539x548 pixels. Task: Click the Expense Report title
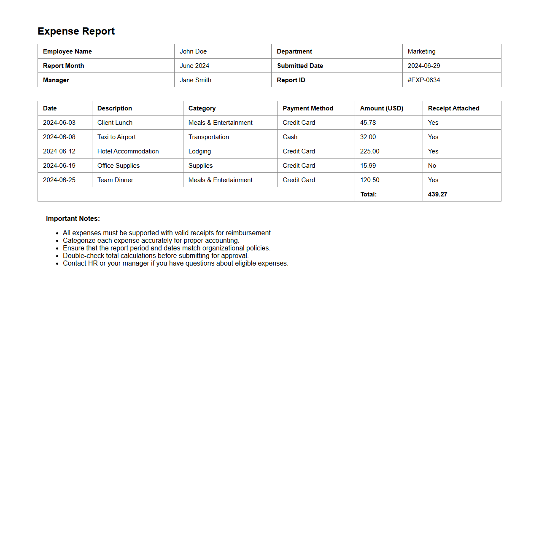tap(76, 31)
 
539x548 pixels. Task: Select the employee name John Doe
tap(193, 51)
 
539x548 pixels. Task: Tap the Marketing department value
tap(421, 51)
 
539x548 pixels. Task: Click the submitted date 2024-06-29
tap(423, 66)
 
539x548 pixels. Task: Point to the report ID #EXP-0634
tap(423, 80)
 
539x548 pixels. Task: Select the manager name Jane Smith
tap(195, 80)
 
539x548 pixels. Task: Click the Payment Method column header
tap(308, 108)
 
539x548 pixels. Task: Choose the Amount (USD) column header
tap(381, 108)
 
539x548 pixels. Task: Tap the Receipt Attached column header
tap(453, 108)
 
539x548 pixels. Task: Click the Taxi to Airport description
tap(116, 137)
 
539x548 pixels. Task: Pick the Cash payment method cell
tap(290, 137)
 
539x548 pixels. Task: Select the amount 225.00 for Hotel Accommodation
tap(369, 151)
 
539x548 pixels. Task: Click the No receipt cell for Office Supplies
tap(432, 166)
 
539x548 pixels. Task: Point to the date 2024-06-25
tap(59, 180)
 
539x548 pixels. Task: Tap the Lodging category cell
tap(199, 151)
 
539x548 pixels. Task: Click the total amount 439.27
tap(437, 194)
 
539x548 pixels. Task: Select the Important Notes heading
tap(73, 218)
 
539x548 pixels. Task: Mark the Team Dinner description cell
tap(115, 180)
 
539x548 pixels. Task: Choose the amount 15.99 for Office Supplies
tap(368, 166)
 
